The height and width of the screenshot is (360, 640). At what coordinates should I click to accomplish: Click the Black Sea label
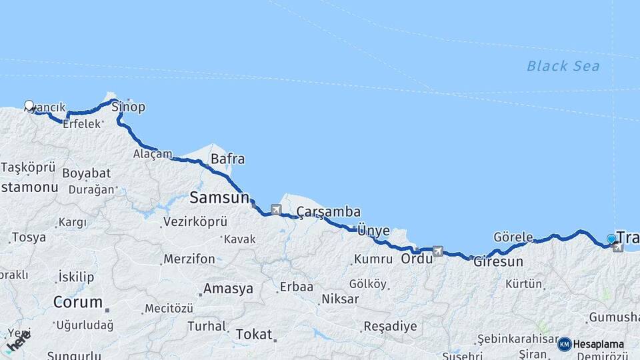pyautogui.click(x=563, y=66)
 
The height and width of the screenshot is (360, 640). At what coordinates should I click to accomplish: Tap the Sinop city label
pyautogui.click(x=128, y=107)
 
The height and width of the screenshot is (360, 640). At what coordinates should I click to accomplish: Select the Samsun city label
pyautogui.click(x=219, y=197)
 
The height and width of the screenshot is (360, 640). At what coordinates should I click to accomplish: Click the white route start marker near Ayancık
pyautogui.click(x=29, y=105)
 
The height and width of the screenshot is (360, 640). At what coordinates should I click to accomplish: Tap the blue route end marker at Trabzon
pyautogui.click(x=611, y=239)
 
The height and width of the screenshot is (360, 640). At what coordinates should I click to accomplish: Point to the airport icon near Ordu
pyautogui.click(x=437, y=251)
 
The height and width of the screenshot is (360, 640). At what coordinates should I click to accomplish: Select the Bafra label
pyautogui.click(x=227, y=159)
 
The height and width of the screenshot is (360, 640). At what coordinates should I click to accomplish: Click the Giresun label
pyautogui.click(x=498, y=262)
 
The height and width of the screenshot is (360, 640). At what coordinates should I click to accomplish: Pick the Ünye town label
pyautogui.click(x=373, y=231)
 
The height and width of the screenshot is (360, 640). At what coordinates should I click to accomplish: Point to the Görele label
pyautogui.click(x=513, y=237)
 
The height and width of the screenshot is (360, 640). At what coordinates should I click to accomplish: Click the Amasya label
pyautogui.click(x=228, y=289)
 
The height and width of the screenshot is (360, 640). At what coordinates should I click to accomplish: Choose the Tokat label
pyautogui.click(x=254, y=335)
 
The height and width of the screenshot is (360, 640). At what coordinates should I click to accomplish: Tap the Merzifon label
pyautogui.click(x=189, y=259)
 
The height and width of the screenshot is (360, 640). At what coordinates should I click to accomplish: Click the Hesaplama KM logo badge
pyautogui.click(x=564, y=344)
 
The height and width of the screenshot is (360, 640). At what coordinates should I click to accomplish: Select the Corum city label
pyautogui.click(x=78, y=302)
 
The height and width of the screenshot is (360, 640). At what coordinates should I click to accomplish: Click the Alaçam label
pyautogui.click(x=152, y=154)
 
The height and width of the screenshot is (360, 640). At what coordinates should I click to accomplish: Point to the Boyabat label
pyautogui.click(x=87, y=173)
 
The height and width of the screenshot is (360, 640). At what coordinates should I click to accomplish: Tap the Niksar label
pyautogui.click(x=340, y=299)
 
